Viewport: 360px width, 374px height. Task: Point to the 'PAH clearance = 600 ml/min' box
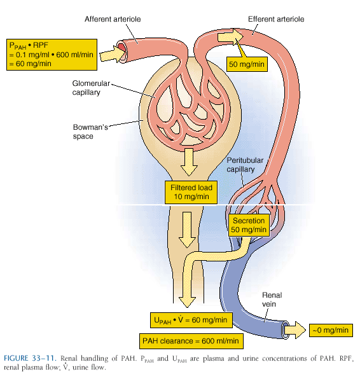coord(191,340)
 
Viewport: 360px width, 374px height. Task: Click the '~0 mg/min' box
coord(330,329)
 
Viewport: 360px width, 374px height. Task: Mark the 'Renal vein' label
coord(272,299)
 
